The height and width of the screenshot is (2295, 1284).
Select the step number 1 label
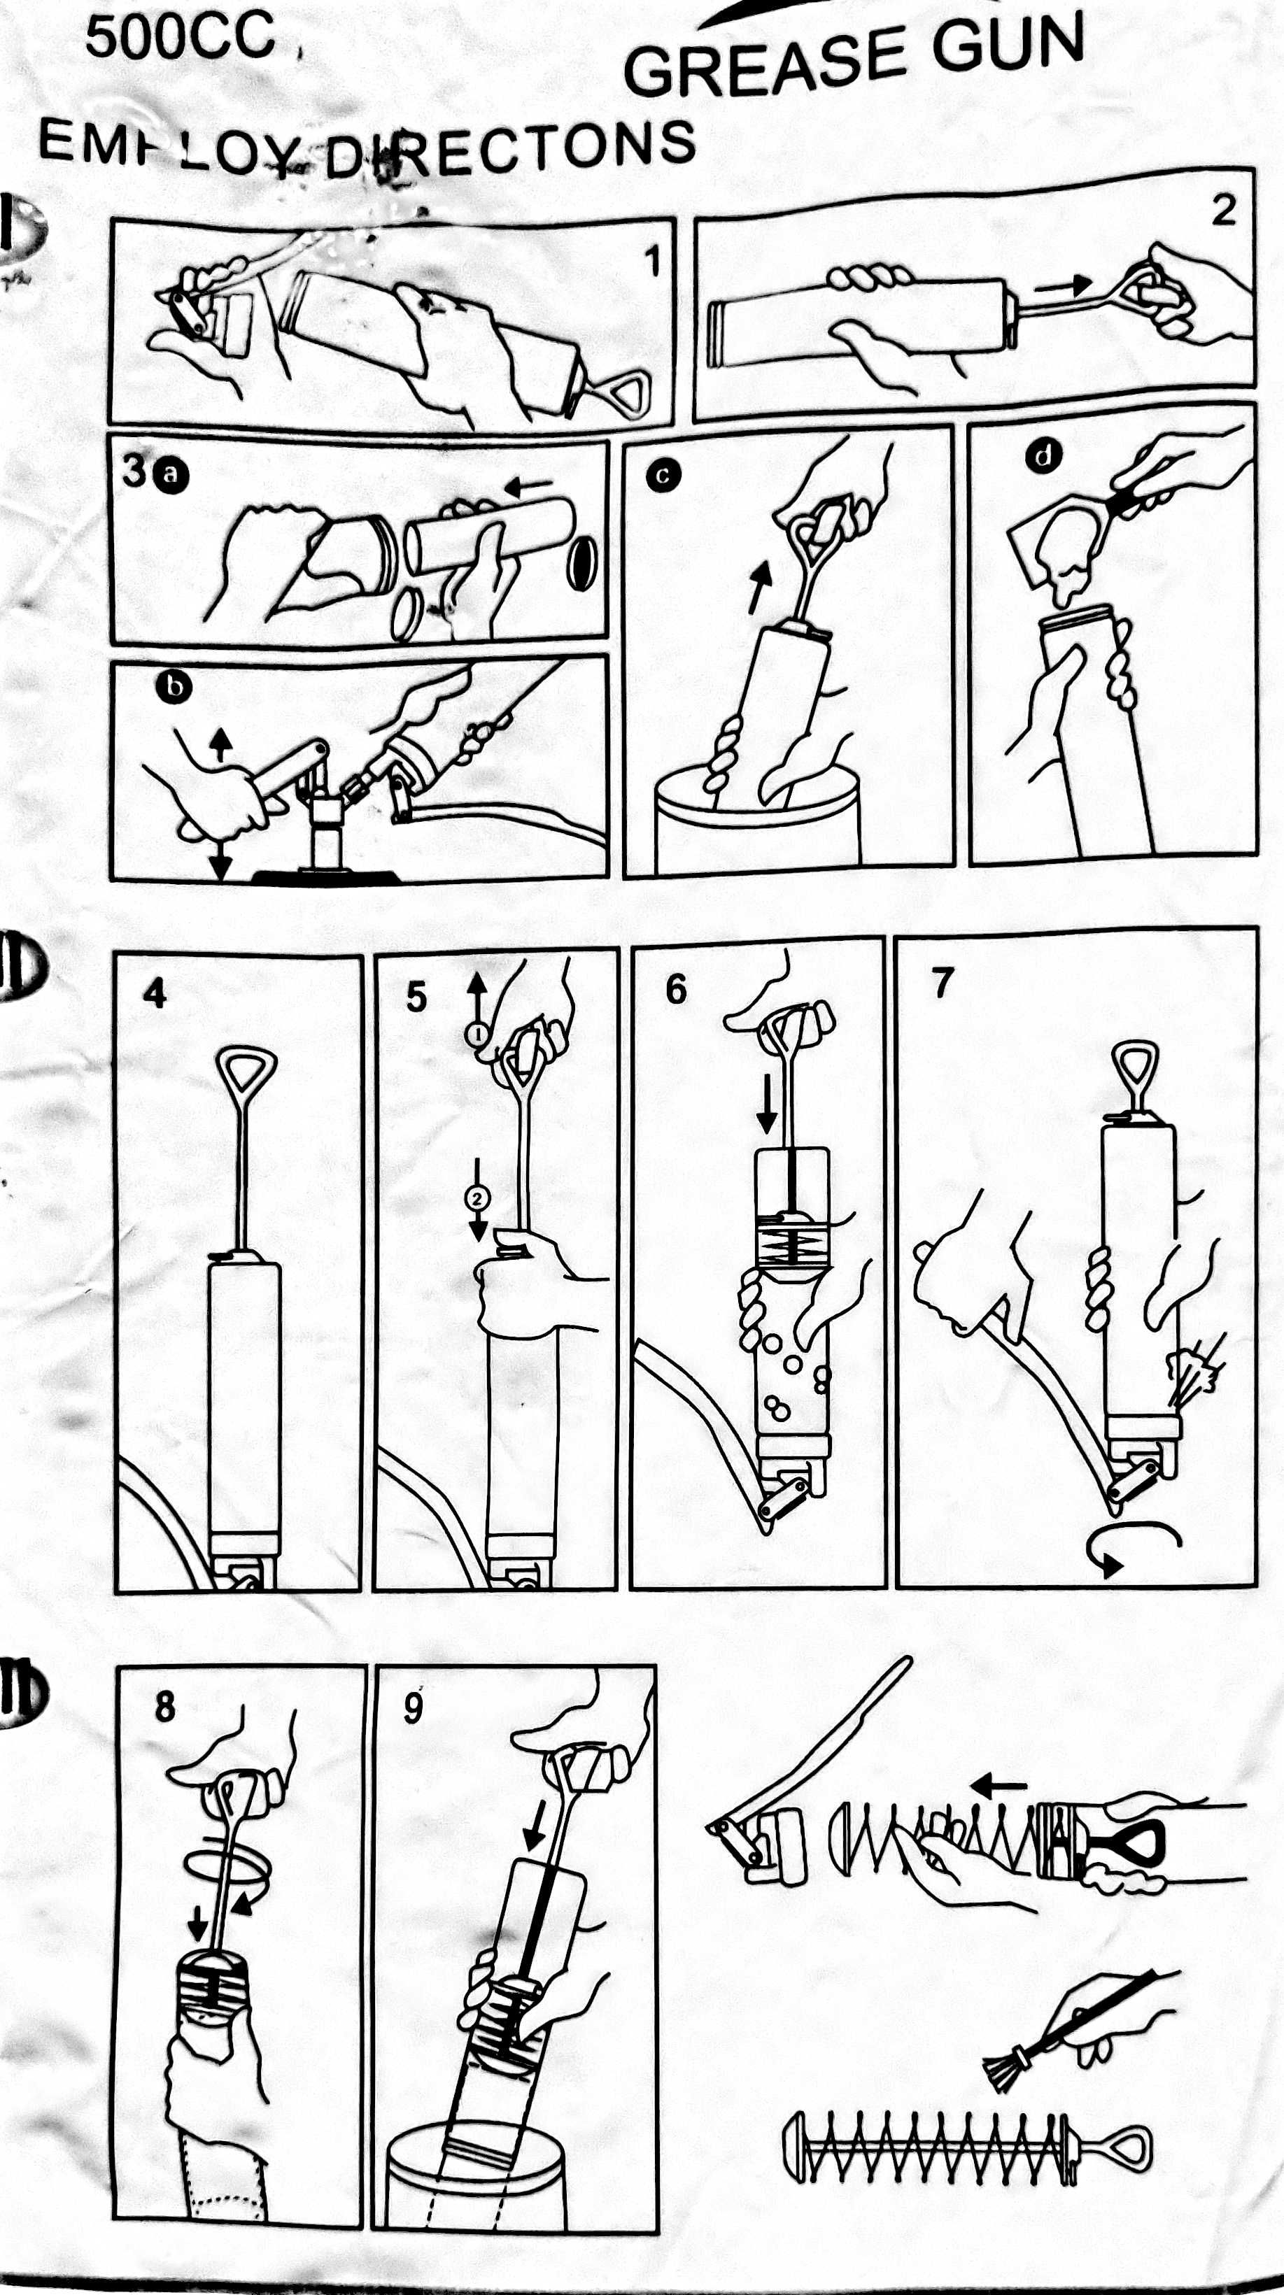click(653, 262)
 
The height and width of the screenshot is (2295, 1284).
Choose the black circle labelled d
click(1043, 456)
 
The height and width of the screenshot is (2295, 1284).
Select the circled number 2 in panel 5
click(478, 1198)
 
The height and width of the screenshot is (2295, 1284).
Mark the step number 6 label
click(677, 990)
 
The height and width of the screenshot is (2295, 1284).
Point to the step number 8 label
click(166, 1707)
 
